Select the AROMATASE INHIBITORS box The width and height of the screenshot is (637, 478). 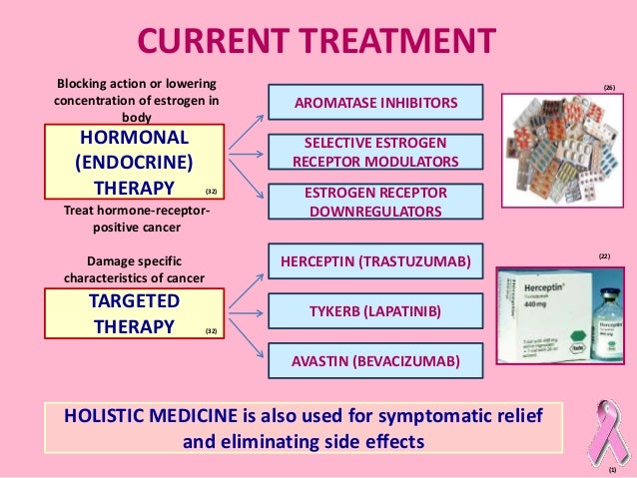coord(375,102)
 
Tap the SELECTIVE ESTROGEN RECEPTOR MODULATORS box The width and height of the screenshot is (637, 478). coord(375,153)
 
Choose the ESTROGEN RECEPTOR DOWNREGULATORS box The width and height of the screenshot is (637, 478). coord(375,203)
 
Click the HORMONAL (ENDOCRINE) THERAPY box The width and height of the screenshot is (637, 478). coord(134,162)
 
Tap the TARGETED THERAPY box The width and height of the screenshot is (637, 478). coord(134,313)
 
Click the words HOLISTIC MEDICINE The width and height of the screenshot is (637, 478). coord(148,416)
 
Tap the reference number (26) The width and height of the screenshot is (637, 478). coord(609,88)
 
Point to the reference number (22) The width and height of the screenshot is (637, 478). coord(604,256)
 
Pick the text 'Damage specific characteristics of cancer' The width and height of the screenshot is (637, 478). coord(133,268)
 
